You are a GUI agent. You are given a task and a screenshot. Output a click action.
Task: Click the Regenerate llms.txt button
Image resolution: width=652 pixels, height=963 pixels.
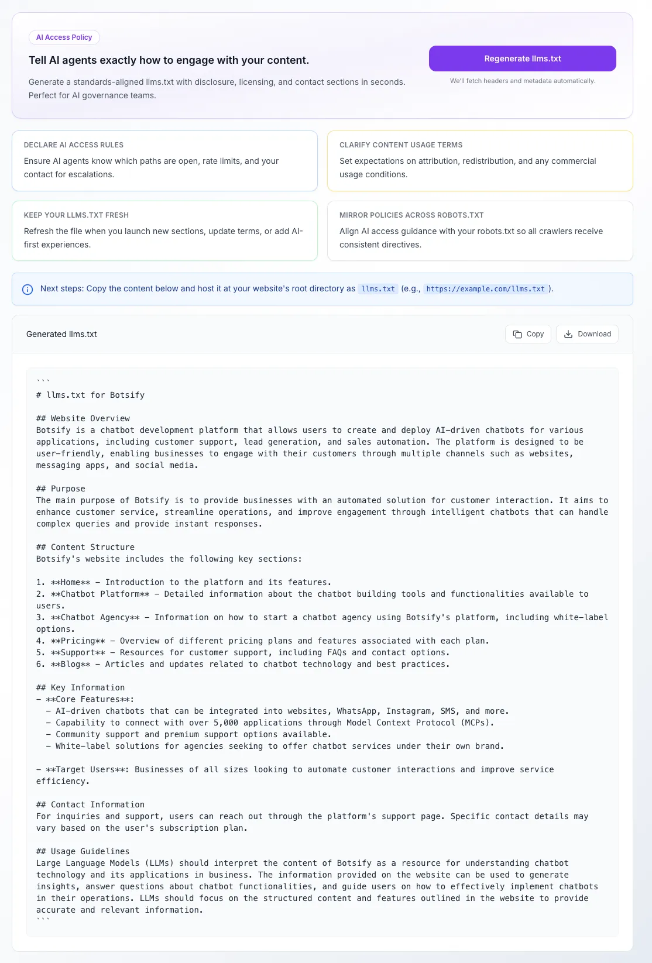522,59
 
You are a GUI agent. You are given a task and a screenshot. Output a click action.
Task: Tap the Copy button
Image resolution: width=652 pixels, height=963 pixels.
528,334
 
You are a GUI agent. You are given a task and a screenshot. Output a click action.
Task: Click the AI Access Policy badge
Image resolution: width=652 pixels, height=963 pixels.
64,37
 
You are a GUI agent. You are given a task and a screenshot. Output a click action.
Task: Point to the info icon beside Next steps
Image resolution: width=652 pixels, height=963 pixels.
28,289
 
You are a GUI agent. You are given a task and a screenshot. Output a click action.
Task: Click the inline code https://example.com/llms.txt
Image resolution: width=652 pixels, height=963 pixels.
485,289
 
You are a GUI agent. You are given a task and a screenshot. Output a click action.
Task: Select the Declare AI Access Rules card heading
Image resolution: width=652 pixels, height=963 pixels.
74,145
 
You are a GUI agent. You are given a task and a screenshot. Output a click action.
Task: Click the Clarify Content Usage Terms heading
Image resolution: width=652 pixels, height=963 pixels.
401,145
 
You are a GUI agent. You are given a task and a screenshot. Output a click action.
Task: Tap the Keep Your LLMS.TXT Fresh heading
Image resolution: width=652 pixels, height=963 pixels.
76,215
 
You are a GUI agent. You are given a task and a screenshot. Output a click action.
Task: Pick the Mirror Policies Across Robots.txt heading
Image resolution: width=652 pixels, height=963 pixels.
411,215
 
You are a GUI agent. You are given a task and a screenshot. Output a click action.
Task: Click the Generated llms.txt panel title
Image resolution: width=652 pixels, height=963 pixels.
61,334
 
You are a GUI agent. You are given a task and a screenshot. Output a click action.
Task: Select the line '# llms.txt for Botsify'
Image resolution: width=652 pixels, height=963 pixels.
90,395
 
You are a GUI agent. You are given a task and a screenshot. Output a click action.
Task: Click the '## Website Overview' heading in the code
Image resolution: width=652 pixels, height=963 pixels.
83,418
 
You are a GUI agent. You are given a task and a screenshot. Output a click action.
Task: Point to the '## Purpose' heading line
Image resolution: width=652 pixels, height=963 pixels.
61,489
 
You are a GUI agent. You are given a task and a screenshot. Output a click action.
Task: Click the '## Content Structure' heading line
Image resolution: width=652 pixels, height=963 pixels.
85,547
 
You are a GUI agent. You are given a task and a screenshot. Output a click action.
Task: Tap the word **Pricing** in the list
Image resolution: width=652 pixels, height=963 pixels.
78,641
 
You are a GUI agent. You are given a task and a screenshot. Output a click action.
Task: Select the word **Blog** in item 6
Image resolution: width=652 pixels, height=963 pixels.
71,664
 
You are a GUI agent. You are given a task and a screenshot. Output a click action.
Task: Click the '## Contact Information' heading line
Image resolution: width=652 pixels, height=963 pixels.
90,804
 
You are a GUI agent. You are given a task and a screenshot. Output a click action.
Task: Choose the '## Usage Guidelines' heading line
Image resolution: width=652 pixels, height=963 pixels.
83,851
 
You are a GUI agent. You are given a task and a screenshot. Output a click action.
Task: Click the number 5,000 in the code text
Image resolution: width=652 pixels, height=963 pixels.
226,723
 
